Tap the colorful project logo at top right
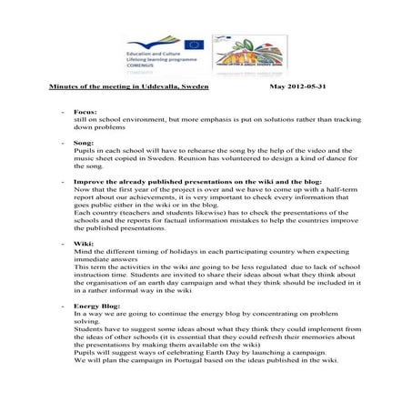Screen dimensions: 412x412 (243, 52)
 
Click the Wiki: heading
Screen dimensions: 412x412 (84, 244)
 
